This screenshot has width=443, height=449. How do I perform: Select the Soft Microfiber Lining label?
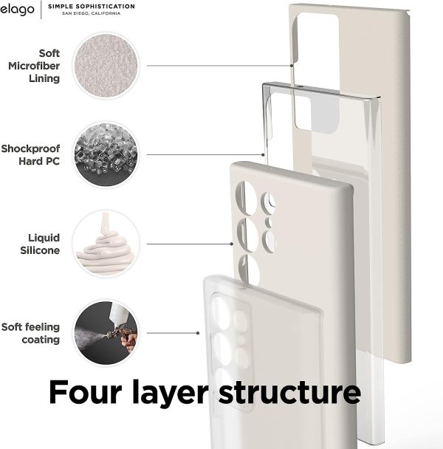(x=40, y=66)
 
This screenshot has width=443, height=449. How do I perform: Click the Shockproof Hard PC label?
(x=41, y=154)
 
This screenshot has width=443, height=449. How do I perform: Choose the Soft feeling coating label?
(x=31, y=333)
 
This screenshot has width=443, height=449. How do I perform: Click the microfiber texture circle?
(x=106, y=65)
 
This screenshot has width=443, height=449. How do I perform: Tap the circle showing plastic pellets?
(x=106, y=154)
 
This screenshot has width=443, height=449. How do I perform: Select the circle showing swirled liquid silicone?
(x=106, y=244)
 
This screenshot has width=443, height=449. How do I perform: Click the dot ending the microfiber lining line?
(x=293, y=66)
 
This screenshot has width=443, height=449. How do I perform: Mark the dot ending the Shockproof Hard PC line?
(x=263, y=154)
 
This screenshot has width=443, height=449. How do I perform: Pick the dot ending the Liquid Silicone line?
(x=230, y=244)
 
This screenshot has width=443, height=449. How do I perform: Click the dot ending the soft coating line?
(x=202, y=333)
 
